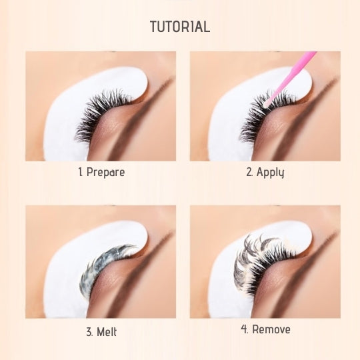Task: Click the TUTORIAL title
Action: (x=180, y=27)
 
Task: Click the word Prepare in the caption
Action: (x=105, y=172)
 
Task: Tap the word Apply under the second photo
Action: (x=270, y=173)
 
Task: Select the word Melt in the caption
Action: (x=107, y=332)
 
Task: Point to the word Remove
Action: (x=271, y=329)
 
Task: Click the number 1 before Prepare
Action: (x=81, y=172)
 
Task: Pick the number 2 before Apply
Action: (x=249, y=172)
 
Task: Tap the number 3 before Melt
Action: (x=89, y=332)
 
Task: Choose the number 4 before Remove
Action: (x=245, y=329)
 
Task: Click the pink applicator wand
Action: (x=291, y=79)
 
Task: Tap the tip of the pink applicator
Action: (x=265, y=106)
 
